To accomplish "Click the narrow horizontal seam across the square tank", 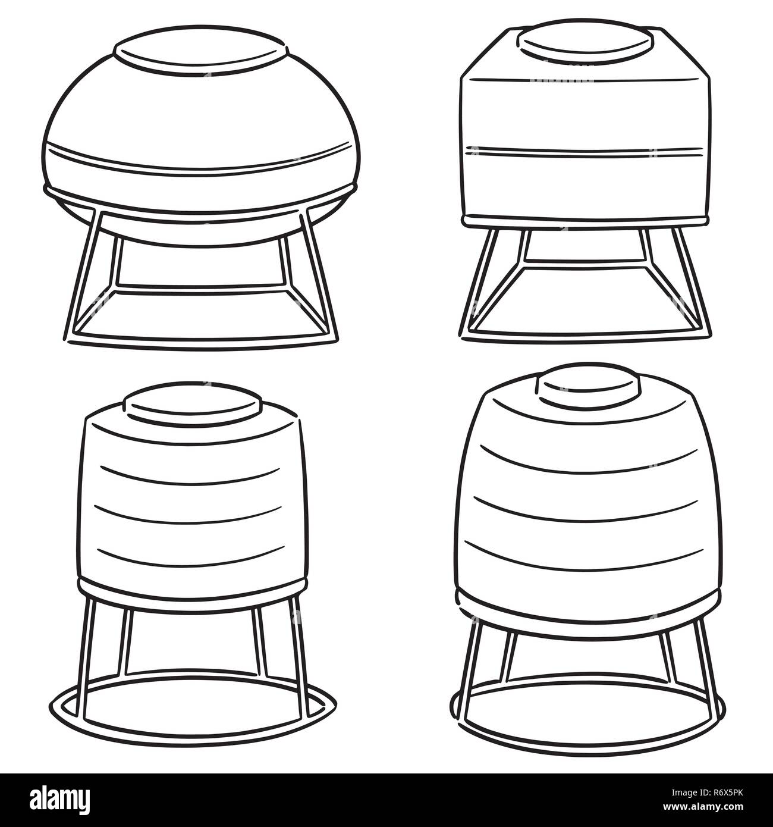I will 586,151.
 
